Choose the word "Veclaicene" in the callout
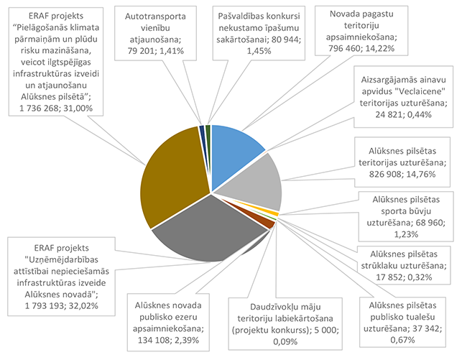401,93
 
